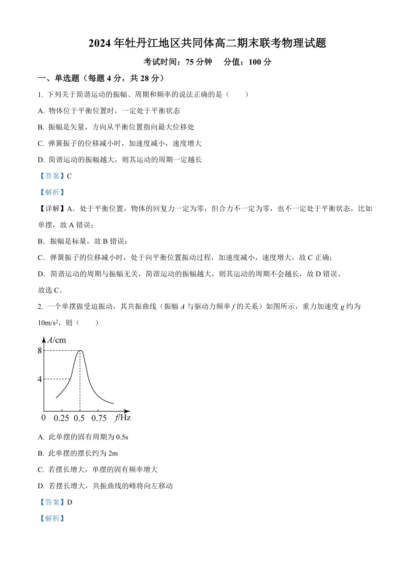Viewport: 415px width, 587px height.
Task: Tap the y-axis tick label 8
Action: [x=40, y=350]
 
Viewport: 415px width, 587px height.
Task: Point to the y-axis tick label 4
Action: [x=40, y=379]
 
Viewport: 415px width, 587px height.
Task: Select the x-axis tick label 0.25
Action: [x=61, y=418]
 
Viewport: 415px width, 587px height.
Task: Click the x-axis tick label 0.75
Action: [x=99, y=418]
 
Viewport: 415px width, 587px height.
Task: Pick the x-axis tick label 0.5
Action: [x=79, y=418]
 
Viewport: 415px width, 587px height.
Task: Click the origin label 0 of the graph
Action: [x=43, y=418]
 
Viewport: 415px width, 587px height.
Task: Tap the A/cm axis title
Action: [x=57, y=340]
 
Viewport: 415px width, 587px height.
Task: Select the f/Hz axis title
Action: [x=122, y=418]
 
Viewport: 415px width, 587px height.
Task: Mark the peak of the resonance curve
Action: [x=80, y=350]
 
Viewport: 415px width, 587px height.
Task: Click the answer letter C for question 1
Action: [x=69, y=176]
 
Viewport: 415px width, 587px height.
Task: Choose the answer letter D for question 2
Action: [x=69, y=502]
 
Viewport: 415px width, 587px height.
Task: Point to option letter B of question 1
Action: [x=41, y=127]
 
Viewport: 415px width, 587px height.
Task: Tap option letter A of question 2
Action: [x=41, y=437]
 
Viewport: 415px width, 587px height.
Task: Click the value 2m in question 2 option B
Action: [x=113, y=453]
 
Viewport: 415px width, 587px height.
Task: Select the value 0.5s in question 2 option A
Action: [x=122, y=437]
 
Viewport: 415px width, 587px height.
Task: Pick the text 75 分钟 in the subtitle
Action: [x=199, y=62]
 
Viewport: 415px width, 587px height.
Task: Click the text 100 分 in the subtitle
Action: [x=260, y=62]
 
